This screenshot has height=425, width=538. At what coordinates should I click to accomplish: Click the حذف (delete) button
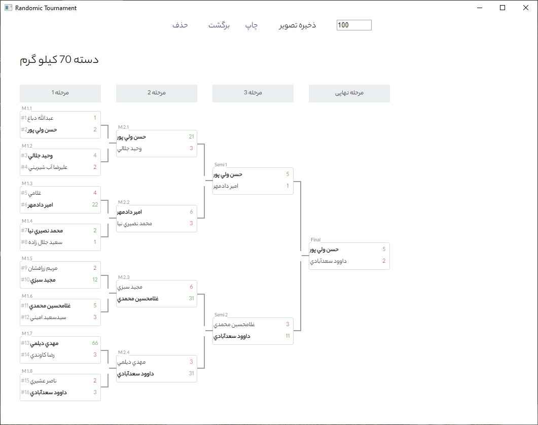(x=180, y=25)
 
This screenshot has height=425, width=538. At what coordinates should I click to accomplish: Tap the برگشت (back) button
(x=219, y=25)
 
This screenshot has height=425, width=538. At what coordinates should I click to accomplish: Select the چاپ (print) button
(x=252, y=25)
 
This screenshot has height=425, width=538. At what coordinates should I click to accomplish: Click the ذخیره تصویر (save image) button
(x=298, y=25)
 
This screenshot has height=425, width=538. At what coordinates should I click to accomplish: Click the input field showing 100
(x=354, y=25)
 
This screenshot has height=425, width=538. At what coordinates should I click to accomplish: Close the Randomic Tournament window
(x=526, y=8)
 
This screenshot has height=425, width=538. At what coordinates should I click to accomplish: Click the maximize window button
(x=503, y=8)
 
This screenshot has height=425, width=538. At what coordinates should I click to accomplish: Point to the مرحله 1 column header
(x=60, y=93)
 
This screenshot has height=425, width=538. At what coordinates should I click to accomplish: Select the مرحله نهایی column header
(x=349, y=93)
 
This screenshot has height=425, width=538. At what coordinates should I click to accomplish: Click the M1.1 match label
(x=27, y=109)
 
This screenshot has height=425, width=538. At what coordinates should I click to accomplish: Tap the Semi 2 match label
(x=221, y=315)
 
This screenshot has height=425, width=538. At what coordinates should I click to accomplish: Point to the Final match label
(x=316, y=239)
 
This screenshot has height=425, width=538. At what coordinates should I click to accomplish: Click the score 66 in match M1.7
(x=95, y=343)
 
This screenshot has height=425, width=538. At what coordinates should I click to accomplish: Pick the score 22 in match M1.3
(x=95, y=204)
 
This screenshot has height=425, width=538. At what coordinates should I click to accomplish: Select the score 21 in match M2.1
(x=192, y=136)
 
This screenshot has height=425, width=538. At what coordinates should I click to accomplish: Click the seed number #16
(x=25, y=392)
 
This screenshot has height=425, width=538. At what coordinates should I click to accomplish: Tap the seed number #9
(x=24, y=268)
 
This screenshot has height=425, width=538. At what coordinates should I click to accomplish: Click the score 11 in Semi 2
(x=288, y=336)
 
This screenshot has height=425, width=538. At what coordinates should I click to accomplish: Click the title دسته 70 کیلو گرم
(x=59, y=60)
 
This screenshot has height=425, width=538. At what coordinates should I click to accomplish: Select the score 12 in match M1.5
(x=95, y=279)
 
